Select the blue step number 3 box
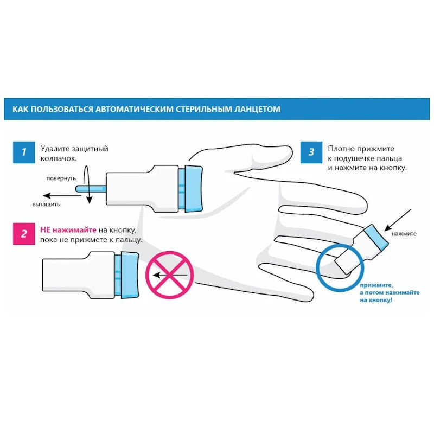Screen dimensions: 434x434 [x=311, y=152]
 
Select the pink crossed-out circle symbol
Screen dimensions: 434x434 [x=170, y=275]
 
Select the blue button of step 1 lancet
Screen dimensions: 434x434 [x=194, y=188]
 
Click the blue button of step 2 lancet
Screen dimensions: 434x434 [x=129, y=276]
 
